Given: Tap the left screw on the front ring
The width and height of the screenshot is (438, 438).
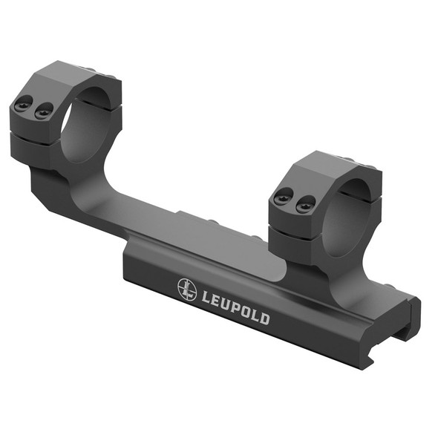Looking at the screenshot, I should click(281, 198).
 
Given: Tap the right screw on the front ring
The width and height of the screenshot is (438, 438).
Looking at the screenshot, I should click(301, 206).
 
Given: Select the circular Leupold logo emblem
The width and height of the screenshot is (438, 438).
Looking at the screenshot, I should click(186, 287).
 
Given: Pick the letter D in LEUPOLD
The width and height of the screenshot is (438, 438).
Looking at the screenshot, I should click(265, 320).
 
